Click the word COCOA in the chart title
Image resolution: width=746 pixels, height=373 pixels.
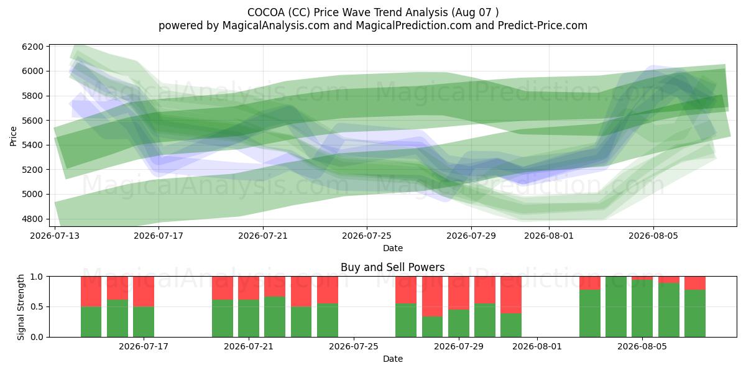click(266, 12)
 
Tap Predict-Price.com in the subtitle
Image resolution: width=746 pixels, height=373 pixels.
click(543, 25)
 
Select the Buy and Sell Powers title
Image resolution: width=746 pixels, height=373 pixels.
click(393, 267)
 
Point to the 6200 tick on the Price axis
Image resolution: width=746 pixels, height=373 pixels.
click(32, 47)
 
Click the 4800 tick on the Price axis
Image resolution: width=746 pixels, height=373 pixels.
click(32, 219)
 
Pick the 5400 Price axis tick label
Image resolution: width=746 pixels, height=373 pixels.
click(32, 145)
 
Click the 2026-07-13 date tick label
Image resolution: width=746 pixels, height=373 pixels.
click(55, 236)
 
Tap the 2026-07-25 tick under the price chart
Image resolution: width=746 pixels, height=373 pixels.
click(367, 236)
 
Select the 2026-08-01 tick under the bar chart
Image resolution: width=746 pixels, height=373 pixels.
click(537, 346)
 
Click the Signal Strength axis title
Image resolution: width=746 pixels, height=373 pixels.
click(21, 307)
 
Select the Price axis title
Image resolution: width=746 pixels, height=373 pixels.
click(13, 136)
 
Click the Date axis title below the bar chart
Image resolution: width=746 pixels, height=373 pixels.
click(393, 359)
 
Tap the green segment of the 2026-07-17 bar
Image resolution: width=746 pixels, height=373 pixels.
click(144, 322)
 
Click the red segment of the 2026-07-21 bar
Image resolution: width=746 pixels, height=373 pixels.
click(249, 288)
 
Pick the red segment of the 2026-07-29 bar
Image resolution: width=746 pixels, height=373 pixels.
click(459, 293)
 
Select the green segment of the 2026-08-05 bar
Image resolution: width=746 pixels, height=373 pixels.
click(642, 308)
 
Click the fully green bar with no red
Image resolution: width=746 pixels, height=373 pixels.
click(616, 306)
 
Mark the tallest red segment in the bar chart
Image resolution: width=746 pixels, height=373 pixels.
click(432, 297)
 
